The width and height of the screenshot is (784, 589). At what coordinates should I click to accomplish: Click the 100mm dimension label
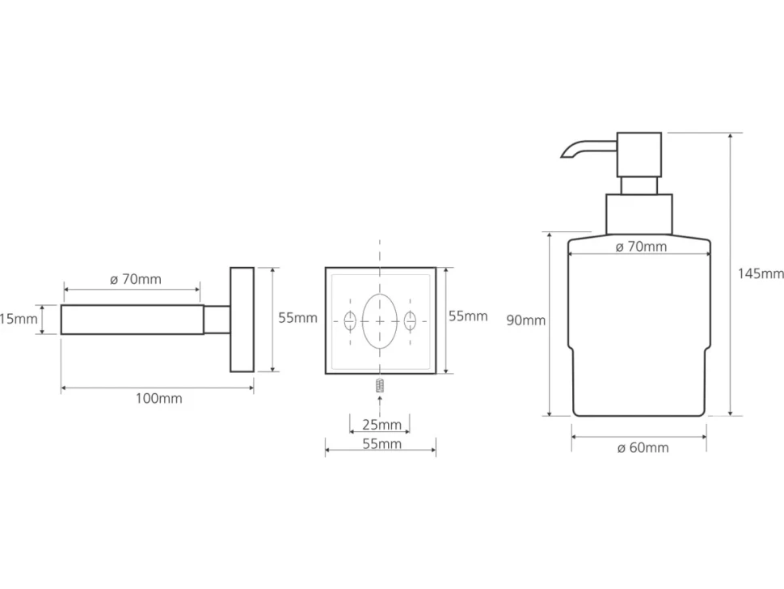pos(159,399)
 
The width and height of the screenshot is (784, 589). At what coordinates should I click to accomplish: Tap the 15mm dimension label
pos(19,319)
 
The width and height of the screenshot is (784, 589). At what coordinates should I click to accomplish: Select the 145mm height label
pos(761,273)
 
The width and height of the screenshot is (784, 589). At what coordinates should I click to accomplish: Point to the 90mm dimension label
pos(525,320)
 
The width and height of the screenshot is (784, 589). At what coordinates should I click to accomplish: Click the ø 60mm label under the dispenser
pos(643,448)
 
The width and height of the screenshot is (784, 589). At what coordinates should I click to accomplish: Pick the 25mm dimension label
pos(382,425)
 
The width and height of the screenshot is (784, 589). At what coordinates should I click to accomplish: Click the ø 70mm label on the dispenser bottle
pos(641,247)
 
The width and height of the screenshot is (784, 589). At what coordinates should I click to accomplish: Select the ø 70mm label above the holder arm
pos(136,279)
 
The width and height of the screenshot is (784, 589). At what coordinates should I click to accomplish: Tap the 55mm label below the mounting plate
pos(382,444)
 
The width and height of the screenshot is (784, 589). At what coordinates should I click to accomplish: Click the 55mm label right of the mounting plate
pos(468,316)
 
